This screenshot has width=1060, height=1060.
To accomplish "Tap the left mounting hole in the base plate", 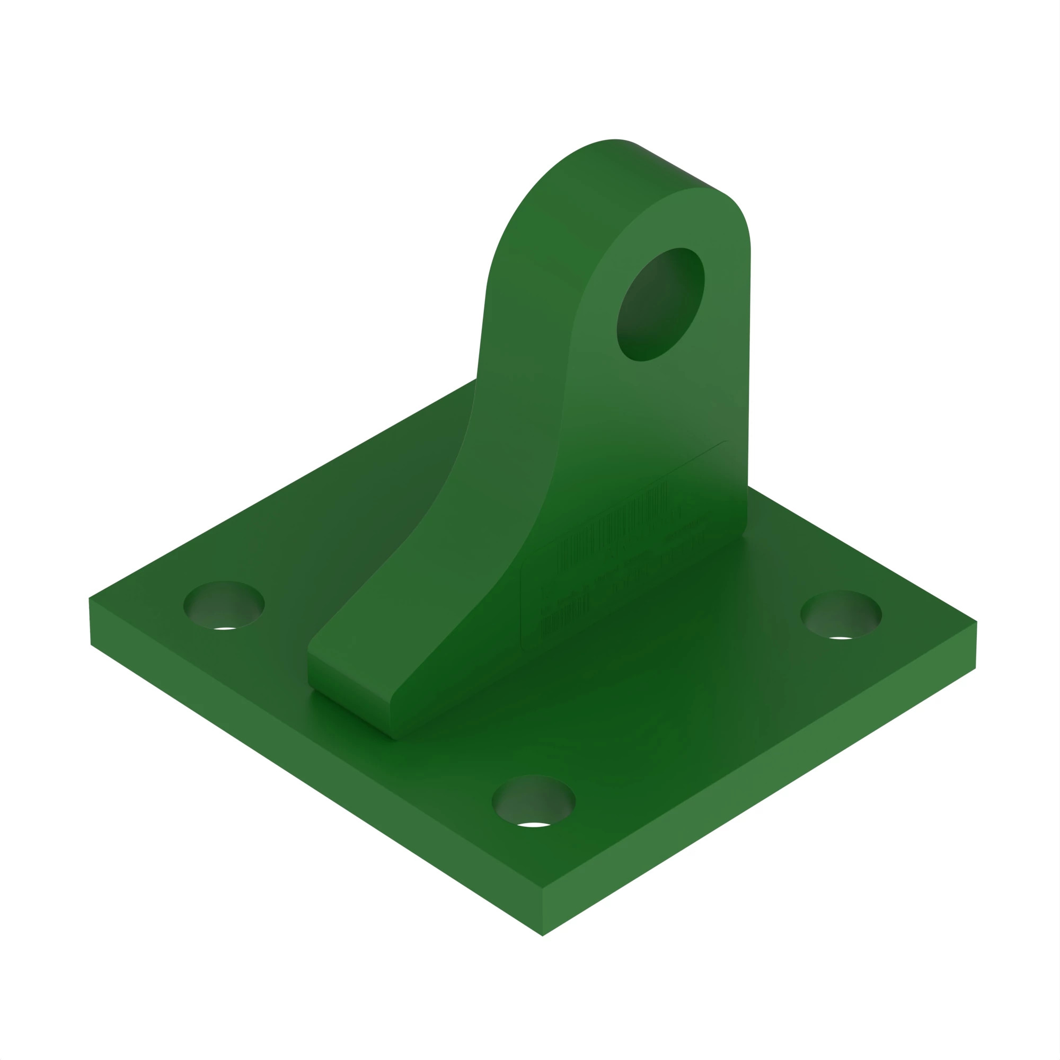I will [224, 604].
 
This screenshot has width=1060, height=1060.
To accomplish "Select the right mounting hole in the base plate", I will [841, 614].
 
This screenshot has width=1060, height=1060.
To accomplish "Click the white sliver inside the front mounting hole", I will [533, 825].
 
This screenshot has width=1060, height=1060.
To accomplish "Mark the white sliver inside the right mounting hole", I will [841, 638].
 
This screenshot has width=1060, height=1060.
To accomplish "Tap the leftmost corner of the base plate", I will [90, 599].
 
